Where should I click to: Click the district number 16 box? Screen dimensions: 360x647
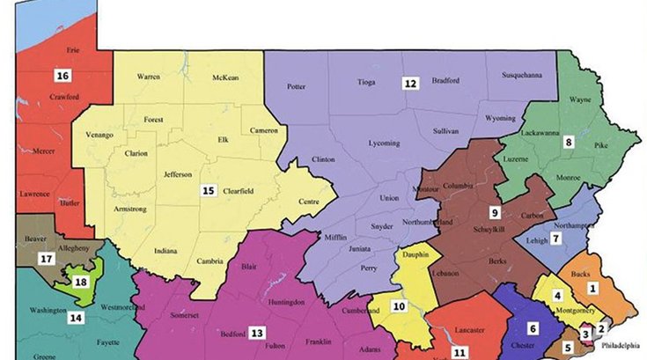tap(62, 75)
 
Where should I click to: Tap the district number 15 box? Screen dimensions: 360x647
tap(208, 190)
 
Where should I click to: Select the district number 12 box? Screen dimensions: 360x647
tap(410, 84)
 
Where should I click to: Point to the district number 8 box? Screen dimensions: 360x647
tap(569, 141)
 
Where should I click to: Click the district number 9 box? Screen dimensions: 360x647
tap(495, 212)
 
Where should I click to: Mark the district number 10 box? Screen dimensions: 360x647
tap(399, 306)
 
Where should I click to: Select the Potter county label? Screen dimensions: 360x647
tap(298, 87)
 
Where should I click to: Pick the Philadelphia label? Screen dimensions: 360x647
tap(619, 346)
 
